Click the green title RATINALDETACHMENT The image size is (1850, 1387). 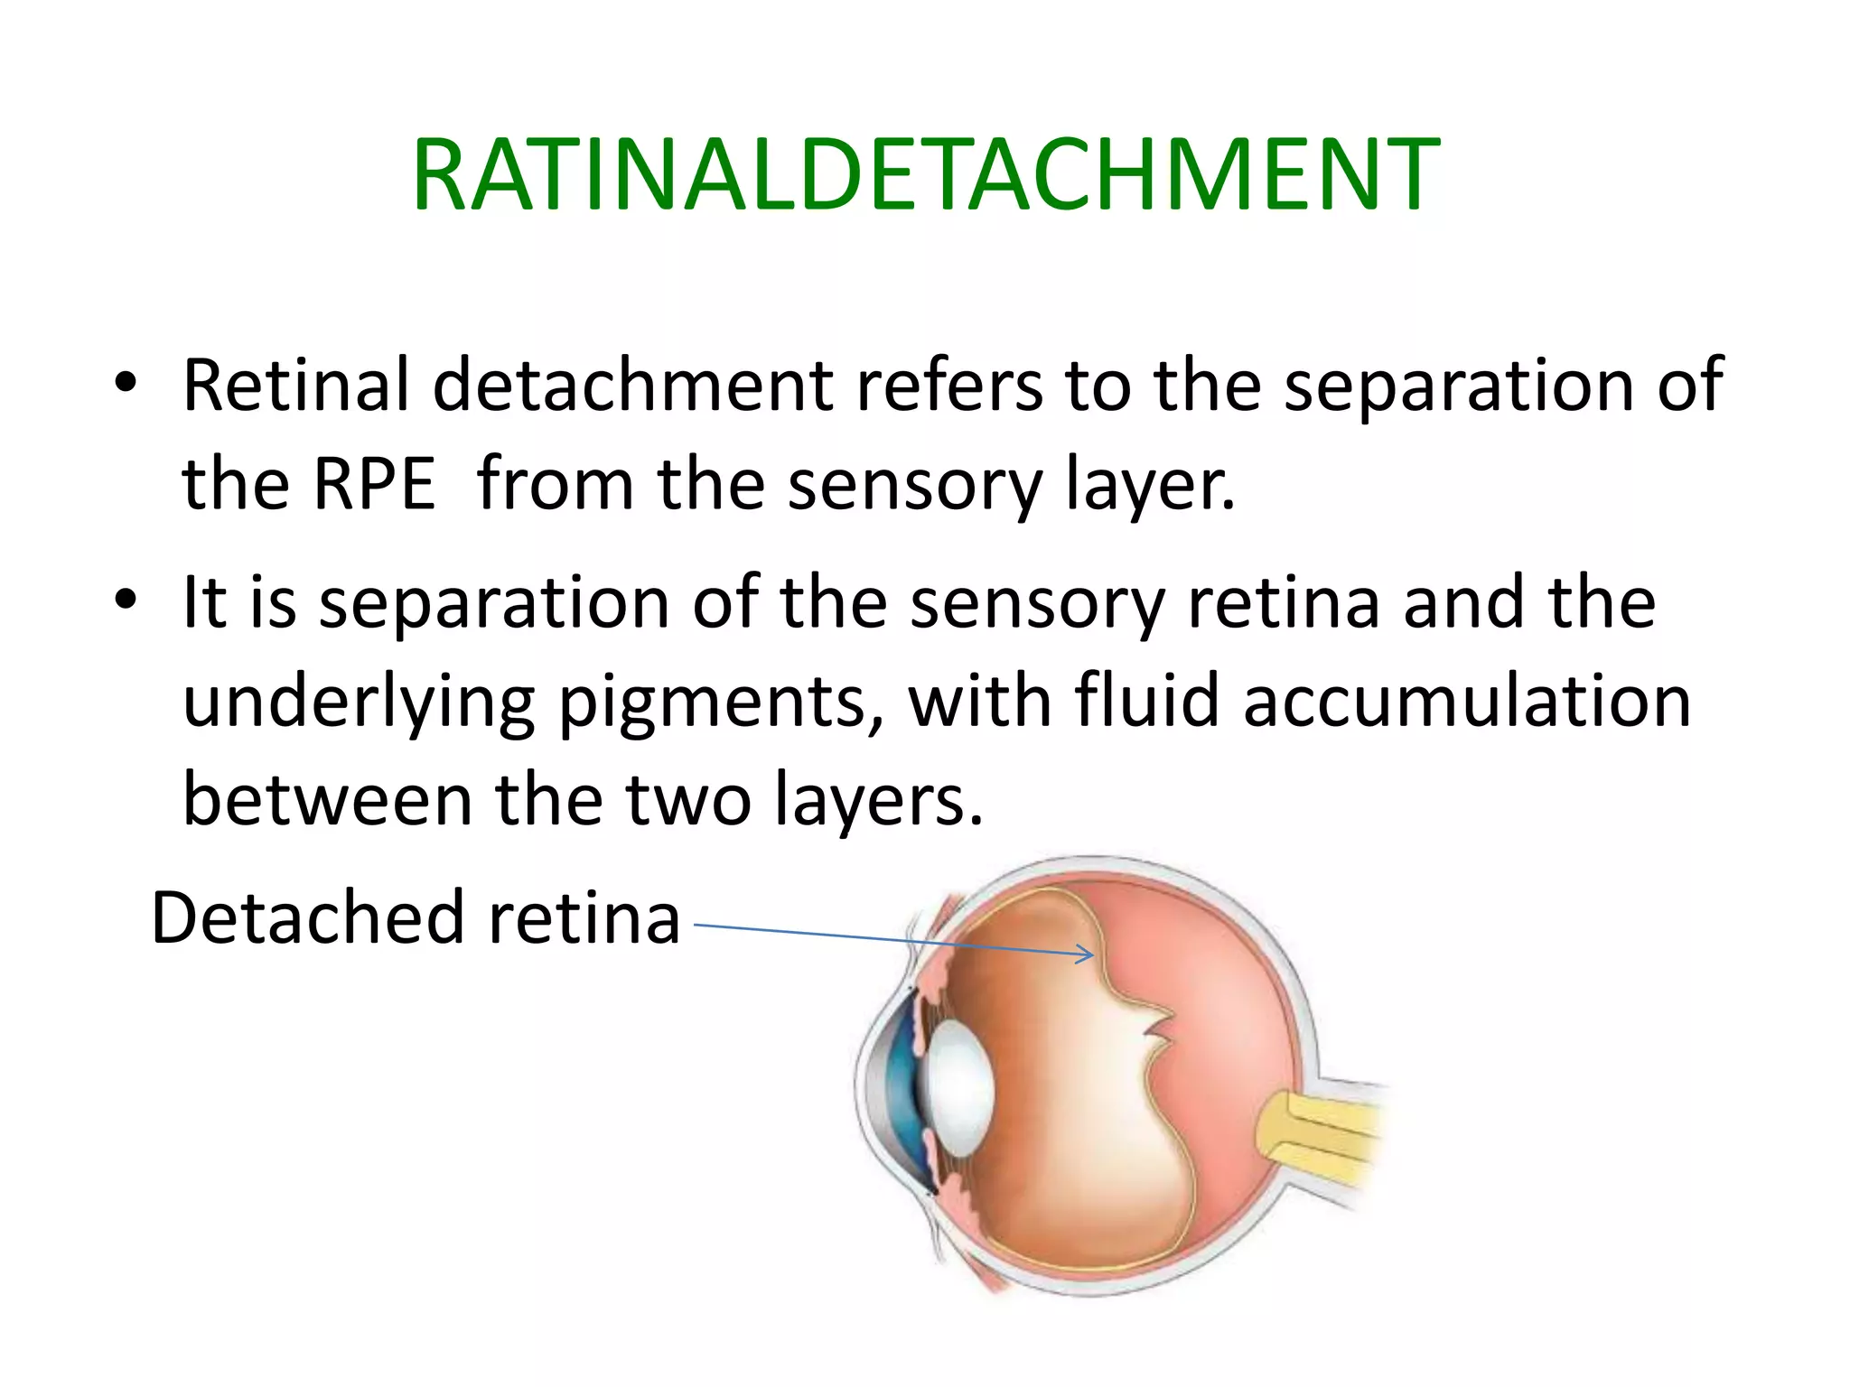tap(925, 175)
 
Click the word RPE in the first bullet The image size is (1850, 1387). tap(374, 484)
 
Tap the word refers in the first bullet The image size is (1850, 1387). tap(948, 386)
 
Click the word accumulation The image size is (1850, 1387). tap(1467, 702)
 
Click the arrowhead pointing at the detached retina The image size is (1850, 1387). tap(1087, 954)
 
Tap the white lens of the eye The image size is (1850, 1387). tap(958, 1087)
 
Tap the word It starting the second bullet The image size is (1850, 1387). tap(204, 602)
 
